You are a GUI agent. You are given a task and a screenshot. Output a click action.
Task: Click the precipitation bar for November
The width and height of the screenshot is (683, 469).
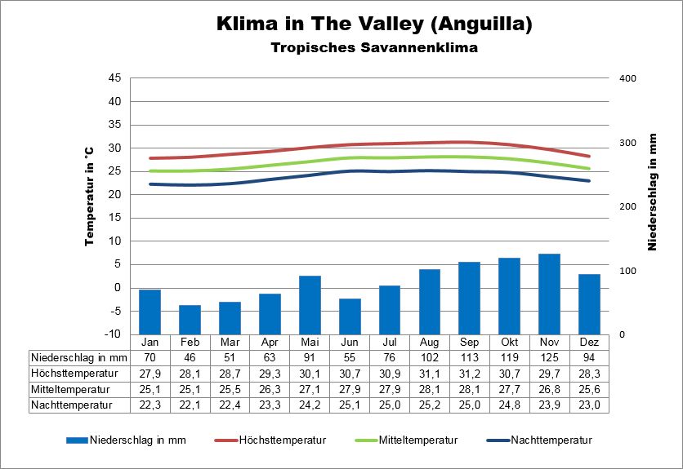pos(550,294)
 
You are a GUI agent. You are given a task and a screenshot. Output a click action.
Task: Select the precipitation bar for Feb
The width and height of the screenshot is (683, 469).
pos(190,320)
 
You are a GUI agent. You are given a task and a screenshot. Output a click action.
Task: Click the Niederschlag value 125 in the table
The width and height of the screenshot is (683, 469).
pos(550,357)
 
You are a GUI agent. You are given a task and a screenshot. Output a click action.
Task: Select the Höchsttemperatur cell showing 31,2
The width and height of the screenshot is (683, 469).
pos(470,373)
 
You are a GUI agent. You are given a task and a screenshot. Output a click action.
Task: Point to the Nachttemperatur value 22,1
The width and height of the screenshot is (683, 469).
pos(190,405)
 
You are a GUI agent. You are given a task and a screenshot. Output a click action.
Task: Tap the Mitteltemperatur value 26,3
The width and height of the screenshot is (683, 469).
pos(270,389)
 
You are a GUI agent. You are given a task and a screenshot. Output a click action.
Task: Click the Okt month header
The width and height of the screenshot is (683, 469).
pos(510,342)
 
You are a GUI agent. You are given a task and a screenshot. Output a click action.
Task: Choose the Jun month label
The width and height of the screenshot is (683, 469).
pos(350,342)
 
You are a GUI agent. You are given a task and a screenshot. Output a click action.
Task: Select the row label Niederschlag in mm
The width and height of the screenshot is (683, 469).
pos(79,357)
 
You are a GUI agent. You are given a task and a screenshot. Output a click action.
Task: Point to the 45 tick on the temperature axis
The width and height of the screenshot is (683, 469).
pos(114,78)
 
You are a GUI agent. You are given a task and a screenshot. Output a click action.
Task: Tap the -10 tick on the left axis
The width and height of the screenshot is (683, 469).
pos(114,334)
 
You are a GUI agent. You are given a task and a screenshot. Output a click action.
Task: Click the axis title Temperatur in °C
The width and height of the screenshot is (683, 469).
pos(89,196)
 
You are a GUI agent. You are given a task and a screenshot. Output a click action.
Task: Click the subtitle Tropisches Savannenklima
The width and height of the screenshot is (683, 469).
pos(374,47)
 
